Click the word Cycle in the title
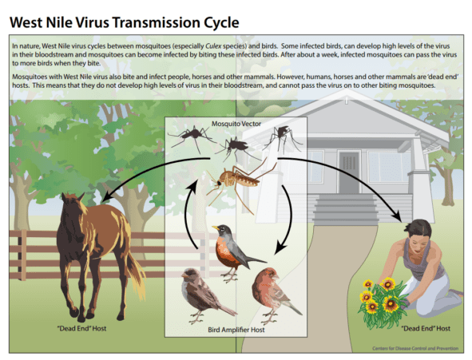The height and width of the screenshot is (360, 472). pos(221,23)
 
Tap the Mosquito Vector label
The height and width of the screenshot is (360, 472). pos(236,124)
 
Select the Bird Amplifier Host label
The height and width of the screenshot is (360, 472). pos(236,330)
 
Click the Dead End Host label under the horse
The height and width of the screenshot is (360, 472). pos(81,328)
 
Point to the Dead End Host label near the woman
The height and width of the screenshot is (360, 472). pos(426,328)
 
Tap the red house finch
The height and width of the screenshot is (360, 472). pos(273,295)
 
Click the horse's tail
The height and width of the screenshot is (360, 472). pos(136,271)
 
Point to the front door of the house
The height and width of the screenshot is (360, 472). pos(349,172)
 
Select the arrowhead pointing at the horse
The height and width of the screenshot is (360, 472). pos(106,197)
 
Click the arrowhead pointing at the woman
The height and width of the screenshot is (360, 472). pos(398,216)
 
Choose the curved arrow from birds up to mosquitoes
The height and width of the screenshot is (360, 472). pos(188,215)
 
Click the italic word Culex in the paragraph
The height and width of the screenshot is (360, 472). pos(213,46)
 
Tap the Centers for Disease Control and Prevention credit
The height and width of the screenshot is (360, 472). pos(415,348)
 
